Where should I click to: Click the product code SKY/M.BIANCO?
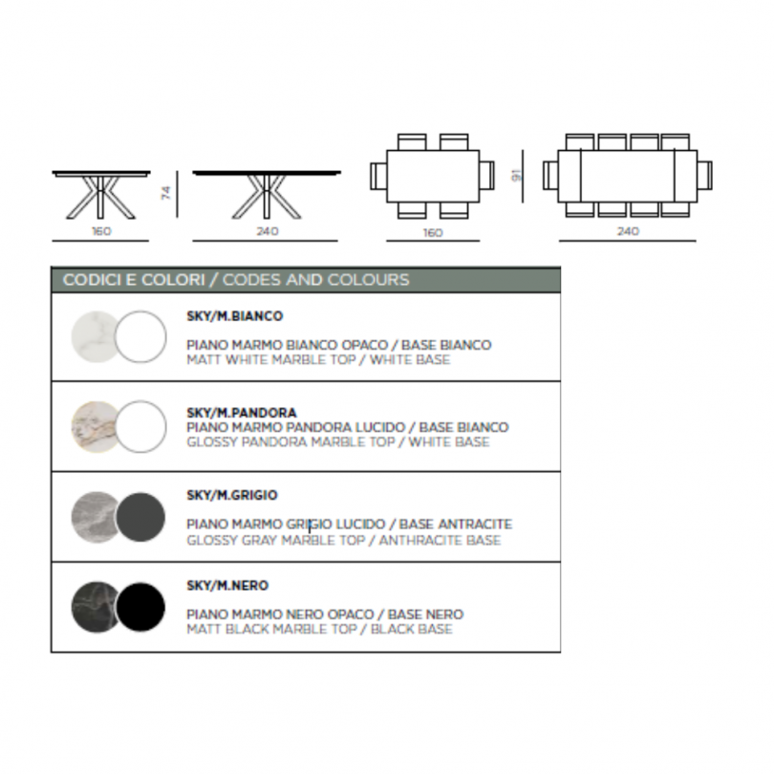[234, 316]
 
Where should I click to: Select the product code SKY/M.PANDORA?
[242, 412]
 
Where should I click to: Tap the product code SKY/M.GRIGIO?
[232, 495]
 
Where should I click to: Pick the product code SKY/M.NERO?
[227, 585]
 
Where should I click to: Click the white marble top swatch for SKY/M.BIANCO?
[94, 336]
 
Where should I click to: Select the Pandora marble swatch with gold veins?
[94, 427]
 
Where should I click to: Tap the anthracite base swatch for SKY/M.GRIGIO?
[140, 517]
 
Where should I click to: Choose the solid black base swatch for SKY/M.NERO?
[140, 607]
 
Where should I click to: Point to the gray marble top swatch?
[94, 517]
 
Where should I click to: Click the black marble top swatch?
[94, 607]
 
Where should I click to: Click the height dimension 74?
[166, 192]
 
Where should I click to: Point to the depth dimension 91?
[516, 175]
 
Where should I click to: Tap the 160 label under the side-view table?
[101, 231]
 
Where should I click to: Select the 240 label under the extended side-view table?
[267, 231]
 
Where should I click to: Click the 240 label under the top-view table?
[628, 231]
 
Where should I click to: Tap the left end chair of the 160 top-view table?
[378, 176]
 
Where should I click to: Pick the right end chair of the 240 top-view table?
[704, 175]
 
